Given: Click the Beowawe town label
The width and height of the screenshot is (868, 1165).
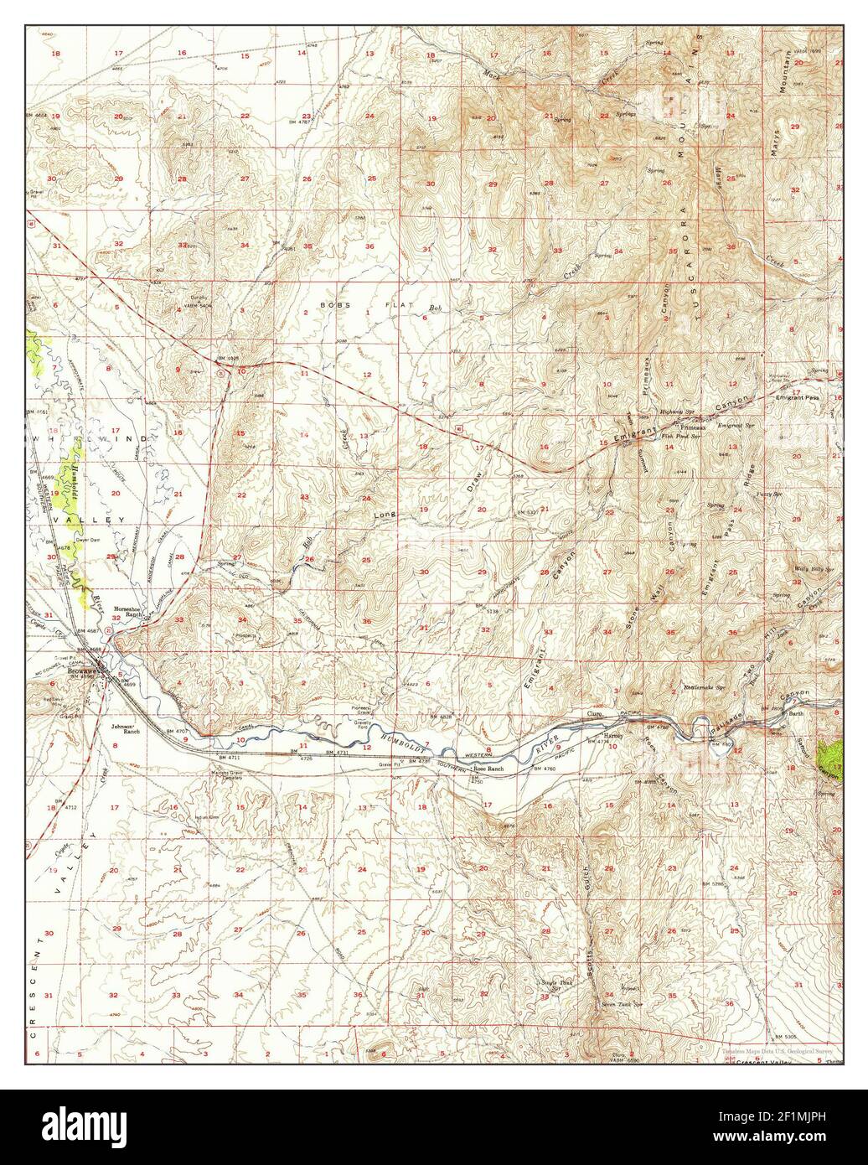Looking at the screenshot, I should pyautogui.click(x=83, y=671).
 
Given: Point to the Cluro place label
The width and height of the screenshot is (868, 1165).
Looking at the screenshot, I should pyautogui.click(x=595, y=714).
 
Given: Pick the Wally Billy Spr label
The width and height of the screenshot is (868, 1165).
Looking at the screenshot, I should pyautogui.click(x=813, y=569).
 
